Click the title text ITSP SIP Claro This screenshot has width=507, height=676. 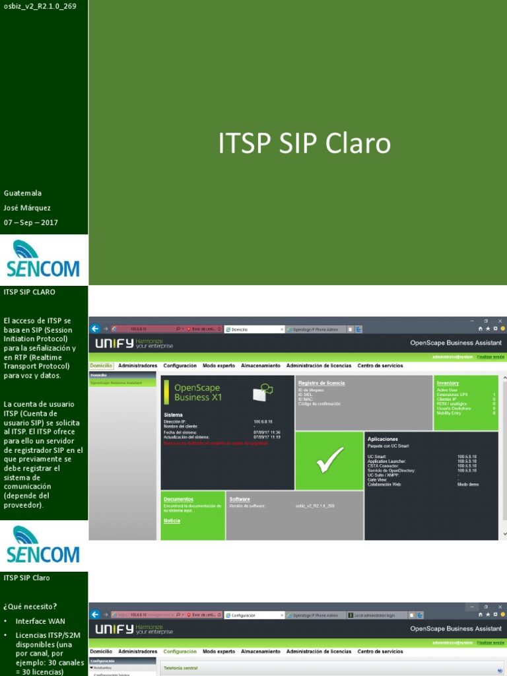coord(304,144)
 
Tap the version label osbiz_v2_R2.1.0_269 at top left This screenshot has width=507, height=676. coord(40,6)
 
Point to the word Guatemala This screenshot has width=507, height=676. coord(22,193)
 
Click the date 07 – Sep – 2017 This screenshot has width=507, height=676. coord(31,222)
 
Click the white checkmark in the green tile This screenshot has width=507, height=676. coord(329,460)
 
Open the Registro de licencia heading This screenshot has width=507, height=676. coord(321,383)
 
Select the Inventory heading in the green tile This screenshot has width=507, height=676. coord(448,383)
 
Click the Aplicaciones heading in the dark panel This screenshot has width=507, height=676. coord(382,438)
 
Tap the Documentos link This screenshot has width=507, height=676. coord(178,499)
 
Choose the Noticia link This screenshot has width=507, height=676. coord(172,521)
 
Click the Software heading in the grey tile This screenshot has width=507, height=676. coord(240,499)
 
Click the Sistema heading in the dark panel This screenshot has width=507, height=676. coord(174,415)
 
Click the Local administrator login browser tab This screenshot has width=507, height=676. coord(376,615)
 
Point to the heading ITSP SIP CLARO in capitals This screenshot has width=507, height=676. coord(30,291)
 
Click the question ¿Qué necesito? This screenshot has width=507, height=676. coord(30,606)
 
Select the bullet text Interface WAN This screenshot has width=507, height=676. coord(40,621)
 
